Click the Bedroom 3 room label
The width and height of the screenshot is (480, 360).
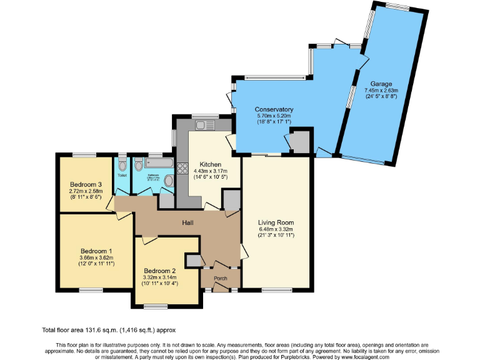(85, 184)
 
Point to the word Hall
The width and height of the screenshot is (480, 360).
(187, 223)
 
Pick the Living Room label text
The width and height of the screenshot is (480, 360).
(276, 222)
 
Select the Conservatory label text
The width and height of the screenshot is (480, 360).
(274, 110)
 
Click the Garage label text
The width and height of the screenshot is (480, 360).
(381, 84)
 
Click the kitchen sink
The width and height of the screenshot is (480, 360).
(204, 125)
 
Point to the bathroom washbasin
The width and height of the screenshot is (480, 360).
(167, 181)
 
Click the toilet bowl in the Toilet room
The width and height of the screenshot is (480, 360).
(122, 166)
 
